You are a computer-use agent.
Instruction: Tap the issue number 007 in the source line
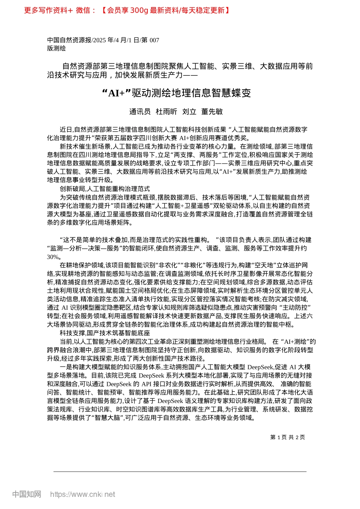pos(154,40)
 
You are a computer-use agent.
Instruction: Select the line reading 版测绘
pos(56,48)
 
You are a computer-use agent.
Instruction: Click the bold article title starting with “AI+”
pos(177,93)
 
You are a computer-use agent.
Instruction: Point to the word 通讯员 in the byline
pos(140,111)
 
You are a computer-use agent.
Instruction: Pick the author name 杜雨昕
pos(166,111)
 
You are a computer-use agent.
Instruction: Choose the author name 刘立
pos(189,111)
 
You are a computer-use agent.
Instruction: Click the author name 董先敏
pos(212,111)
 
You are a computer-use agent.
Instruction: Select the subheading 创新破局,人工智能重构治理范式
pos(105,189)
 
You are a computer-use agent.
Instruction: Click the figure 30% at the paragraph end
pos(53,257)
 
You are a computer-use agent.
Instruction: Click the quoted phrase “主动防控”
pos(295,308)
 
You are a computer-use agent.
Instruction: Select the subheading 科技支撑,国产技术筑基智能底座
pos(105,333)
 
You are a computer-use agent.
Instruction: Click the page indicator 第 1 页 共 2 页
pos(288,437)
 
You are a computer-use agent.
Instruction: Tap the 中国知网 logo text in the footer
pos(27,494)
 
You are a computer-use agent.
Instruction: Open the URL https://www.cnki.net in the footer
pos(83,494)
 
